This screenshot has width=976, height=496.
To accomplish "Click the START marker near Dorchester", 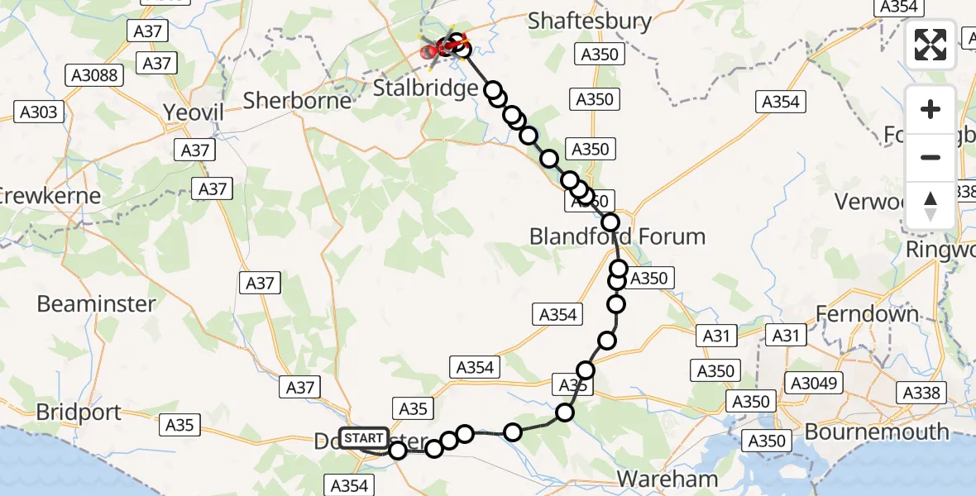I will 362,437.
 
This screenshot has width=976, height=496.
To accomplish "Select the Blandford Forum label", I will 617,236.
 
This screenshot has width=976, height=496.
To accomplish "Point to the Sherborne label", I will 298,100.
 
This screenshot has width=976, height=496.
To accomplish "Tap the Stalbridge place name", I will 425,88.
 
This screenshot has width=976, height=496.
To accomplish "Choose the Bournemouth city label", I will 877,432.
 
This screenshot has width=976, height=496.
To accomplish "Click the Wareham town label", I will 667,479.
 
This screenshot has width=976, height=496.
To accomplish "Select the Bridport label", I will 79,412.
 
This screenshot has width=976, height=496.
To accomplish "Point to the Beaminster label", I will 96,303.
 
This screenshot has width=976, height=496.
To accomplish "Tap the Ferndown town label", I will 867,313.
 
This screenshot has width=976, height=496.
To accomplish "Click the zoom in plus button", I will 931,109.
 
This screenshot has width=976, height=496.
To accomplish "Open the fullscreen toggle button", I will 931,45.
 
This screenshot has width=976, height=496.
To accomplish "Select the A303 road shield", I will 39,112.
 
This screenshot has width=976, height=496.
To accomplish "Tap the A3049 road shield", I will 815,383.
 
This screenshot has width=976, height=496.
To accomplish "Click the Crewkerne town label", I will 50,197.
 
